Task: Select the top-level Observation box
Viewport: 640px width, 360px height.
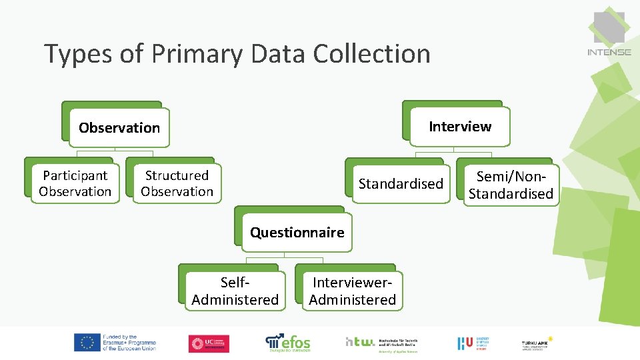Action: [119, 127]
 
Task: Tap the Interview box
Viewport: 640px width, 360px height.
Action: [460, 127]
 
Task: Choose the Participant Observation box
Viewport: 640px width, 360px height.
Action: [75, 183]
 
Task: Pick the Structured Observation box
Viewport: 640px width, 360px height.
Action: [177, 183]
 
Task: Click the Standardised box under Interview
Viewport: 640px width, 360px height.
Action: [401, 183]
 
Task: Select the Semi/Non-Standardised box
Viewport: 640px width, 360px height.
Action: [511, 185]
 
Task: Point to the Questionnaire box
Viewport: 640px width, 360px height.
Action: [297, 232]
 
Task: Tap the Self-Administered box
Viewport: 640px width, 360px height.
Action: [235, 292]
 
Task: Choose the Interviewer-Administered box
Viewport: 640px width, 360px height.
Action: [352, 292]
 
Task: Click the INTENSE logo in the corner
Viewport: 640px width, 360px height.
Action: [609, 33]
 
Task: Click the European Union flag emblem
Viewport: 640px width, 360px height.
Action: [86, 343]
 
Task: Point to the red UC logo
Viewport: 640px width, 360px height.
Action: [209, 343]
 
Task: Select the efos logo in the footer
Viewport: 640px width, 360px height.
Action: [288, 342]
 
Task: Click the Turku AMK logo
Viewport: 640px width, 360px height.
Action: [537, 343]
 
